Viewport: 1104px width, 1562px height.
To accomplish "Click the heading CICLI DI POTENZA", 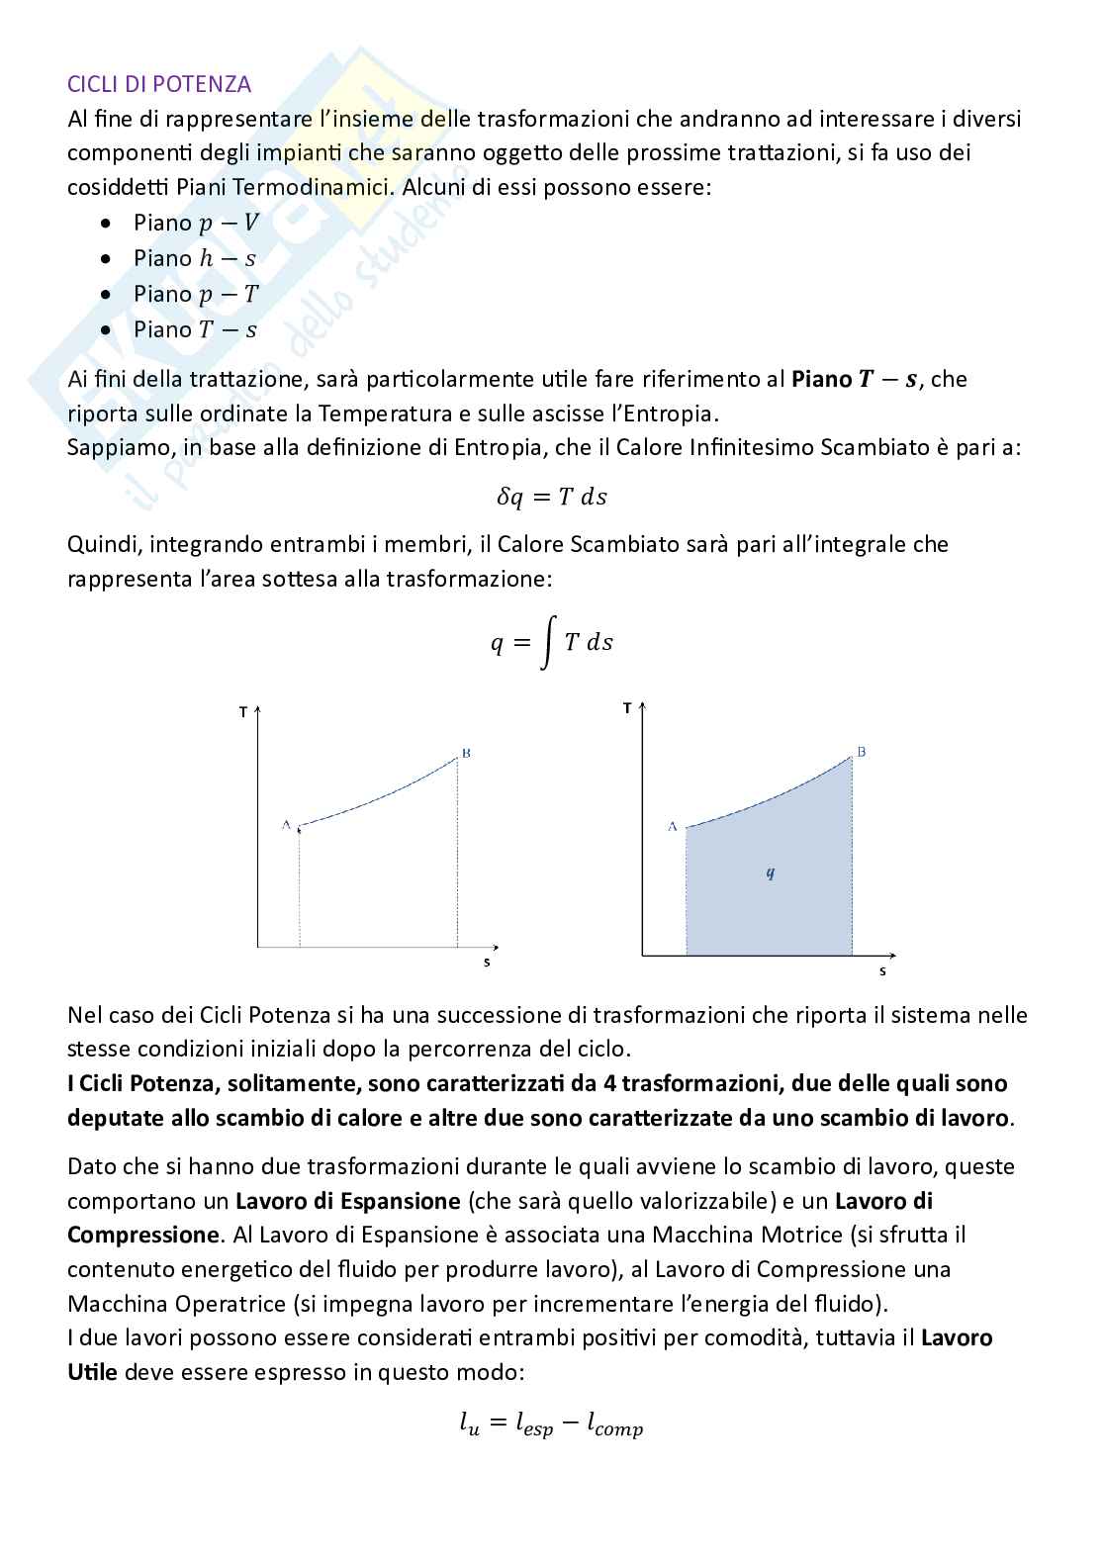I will click(159, 84).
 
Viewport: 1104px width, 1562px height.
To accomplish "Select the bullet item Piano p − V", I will click(196, 223).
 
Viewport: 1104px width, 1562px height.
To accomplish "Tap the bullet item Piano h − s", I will click(195, 258).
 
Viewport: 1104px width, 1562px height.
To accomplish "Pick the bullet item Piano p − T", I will click(196, 294).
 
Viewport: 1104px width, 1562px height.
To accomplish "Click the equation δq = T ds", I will click(551, 497).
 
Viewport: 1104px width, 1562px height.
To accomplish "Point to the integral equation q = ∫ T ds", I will click(551, 643).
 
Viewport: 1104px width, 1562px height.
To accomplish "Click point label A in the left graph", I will click(286, 824).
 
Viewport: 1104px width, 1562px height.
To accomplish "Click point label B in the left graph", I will click(466, 754).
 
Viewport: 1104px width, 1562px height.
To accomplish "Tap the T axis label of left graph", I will click(243, 712).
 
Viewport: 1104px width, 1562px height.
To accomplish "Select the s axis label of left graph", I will click(486, 962).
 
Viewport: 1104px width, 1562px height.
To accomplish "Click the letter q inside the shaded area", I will click(770, 873).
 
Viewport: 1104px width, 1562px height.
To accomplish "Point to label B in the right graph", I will click(861, 753).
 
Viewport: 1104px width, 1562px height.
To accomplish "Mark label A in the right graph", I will click(672, 825).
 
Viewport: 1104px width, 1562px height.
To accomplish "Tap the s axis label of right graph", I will click(881, 971).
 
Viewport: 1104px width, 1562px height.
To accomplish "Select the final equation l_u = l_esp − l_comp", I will click(551, 1424).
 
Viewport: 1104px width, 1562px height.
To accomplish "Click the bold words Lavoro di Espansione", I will click(348, 1201).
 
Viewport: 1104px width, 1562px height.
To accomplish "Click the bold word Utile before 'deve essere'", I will click(92, 1372).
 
